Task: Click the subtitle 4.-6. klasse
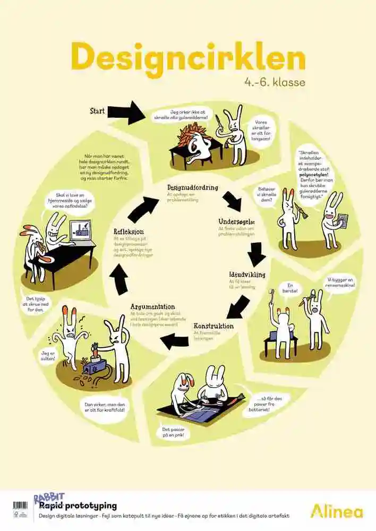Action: click(275, 82)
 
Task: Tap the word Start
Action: click(97, 111)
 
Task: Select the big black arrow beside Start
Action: click(126, 113)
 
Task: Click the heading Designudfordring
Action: click(192, 187)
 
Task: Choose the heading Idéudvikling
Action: click(247, 275)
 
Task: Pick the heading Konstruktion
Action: click(213, 326)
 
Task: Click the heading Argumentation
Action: click(152, 306)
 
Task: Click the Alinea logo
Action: click(337, 511)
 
